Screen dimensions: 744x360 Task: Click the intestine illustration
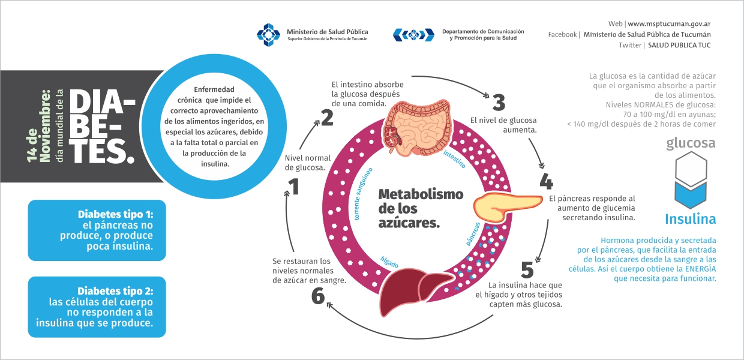pyautogui.click(x=418, y=128)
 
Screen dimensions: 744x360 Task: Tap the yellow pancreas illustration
pyautogui.click(x=508, y=206)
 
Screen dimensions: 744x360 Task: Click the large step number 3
pyautogui.click(x=499, y=102)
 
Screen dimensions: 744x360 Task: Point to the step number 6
pyautogui.click(x=318, y=296)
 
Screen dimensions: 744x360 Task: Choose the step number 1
pyautogui.click(x=294, y=187)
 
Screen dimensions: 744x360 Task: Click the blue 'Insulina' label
pyautogui.click(x=690, y=219)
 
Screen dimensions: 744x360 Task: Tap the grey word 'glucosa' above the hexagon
pyautogui.click(x=691, y=143)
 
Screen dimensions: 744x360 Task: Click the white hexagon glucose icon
pyautogui.click(x=691, y=169)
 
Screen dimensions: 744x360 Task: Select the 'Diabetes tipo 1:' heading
pyautogui.click(x=116, y=214)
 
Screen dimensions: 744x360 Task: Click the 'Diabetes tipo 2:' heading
pyautogui.click(x=115, y=291)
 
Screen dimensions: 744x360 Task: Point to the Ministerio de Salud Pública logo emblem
pyautogui.click(x=269, y=35)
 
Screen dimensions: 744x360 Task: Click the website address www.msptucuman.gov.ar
pyautogui.click(x=669, y=24)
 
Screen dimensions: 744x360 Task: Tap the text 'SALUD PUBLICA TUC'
pyautogui.click(x=679, y=45)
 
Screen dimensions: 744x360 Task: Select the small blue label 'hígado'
pyautogui.click(x=389, y=262)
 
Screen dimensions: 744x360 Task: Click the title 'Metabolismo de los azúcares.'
pyautogui.click(x=421, y=209)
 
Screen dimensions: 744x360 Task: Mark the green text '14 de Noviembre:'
pyautogui.click(x=38, y=127)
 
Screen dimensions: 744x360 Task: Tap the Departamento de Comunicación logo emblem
pyautogui.click(x=413, y=35)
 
